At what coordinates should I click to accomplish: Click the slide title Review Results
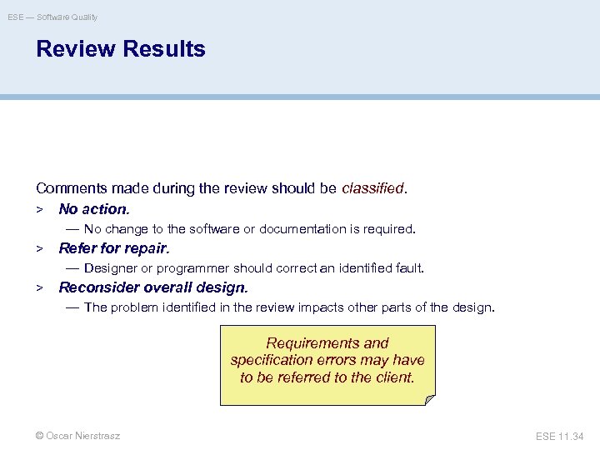click(120, 49)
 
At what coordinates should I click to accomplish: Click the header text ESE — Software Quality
click(52, 17)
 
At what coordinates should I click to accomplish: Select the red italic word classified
click(372, 189)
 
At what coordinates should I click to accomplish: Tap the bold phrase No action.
click(94, 209)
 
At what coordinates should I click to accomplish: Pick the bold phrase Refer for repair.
click(114, 248)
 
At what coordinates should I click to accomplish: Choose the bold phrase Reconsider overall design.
click(153, 287)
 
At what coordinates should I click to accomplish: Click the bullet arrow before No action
click(39, 209)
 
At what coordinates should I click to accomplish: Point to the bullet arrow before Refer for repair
click(39, 248)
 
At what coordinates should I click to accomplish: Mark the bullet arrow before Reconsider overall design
click(39, 287)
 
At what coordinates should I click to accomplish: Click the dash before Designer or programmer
click(72, 268)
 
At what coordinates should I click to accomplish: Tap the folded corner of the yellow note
click(428, 399)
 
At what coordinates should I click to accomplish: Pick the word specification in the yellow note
click(271, 360)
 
